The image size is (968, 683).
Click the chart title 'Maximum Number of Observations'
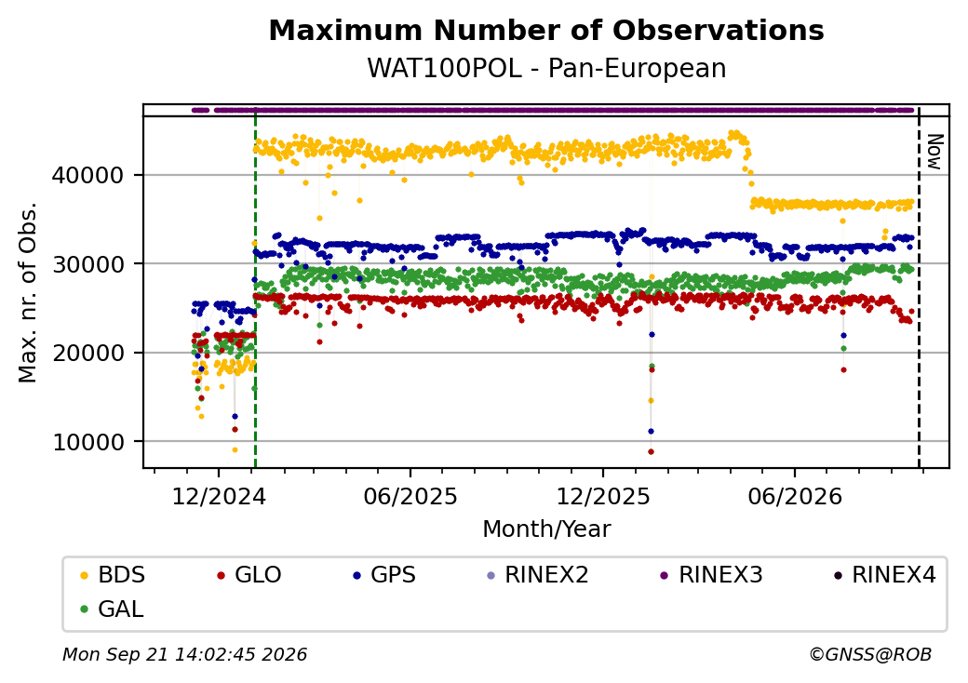pyautogui.click(x=546, y=30)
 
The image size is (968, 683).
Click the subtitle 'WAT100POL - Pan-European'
pyautogui.click(x=546, y=68)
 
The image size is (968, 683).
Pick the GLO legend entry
pyautogui.click(x=249, y=575)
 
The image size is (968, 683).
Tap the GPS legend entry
pyautogui.click(x=384, y=575)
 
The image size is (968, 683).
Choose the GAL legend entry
pyautogui.click(x=113, y=609)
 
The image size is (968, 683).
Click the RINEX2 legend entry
pyautogui.click(x=538, y=575)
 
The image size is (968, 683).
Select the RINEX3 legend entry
pyautogui.click(x=712, y=575)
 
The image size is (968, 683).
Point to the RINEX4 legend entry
pyautogui.click(x=884, y=575)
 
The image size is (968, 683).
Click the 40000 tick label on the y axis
pyautogui.click(x=87, y=176)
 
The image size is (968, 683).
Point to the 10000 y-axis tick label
pyautogui.click(x=87, y=442)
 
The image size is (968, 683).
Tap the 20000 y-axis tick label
pyautogui.click(x=87, y=354)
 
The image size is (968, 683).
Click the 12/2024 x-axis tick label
pyautogui.click(x=219, y=497)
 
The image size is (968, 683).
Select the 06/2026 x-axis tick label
pyautogui.click(x=795, y=497)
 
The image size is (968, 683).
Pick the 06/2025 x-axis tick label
pyautogui.click(x=410, y=497)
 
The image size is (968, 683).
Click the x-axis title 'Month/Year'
pyautogui.click(x=546, y=529)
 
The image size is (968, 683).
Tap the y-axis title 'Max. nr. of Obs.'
pyautogui.click(x=28, y=292)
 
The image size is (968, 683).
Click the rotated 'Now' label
pyautogui.click(x=935, y=152)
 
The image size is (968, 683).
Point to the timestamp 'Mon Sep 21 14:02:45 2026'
pyautogui.click(x=185, y=654)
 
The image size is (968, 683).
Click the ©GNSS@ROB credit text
pyautogui.click(x=870, y=654)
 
